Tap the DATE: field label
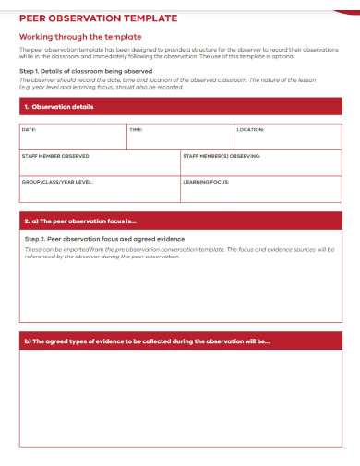click(29, 130)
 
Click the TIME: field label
click(136, 130)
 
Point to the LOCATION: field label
click(250, 130)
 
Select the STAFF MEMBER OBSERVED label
click(55, 156)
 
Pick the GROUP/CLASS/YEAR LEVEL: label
click(57, 182)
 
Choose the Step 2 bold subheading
click(104, 239)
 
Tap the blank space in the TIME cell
click(180, 141)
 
